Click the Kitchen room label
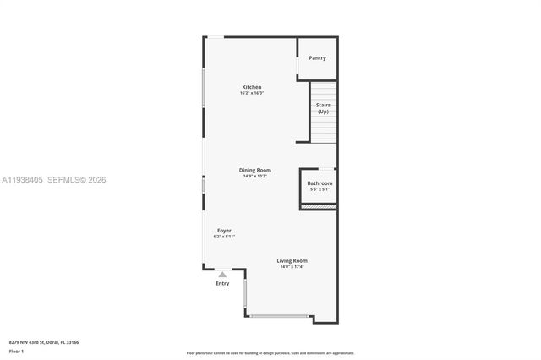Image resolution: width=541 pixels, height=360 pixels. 252,87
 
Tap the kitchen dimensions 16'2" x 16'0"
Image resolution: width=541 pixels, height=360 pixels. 252,93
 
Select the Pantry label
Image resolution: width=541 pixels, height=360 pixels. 317,58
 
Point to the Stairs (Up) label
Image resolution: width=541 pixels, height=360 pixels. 323,108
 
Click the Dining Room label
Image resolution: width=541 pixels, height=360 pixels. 254,170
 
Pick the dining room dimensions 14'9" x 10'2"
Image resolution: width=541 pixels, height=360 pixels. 254,176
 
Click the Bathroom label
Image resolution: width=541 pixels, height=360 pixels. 320,183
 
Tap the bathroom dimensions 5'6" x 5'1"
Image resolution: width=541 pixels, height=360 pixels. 320,189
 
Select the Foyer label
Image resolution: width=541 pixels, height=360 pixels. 224,231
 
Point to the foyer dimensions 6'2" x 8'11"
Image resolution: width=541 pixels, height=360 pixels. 224,237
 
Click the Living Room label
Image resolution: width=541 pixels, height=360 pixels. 292,260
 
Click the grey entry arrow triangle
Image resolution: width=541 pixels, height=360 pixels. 222,275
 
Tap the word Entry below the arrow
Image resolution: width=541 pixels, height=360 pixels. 222,284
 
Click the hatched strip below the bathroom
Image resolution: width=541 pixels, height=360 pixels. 319,206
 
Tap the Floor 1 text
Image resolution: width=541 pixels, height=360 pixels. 17,352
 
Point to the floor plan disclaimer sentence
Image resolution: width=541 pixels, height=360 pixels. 270,352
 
